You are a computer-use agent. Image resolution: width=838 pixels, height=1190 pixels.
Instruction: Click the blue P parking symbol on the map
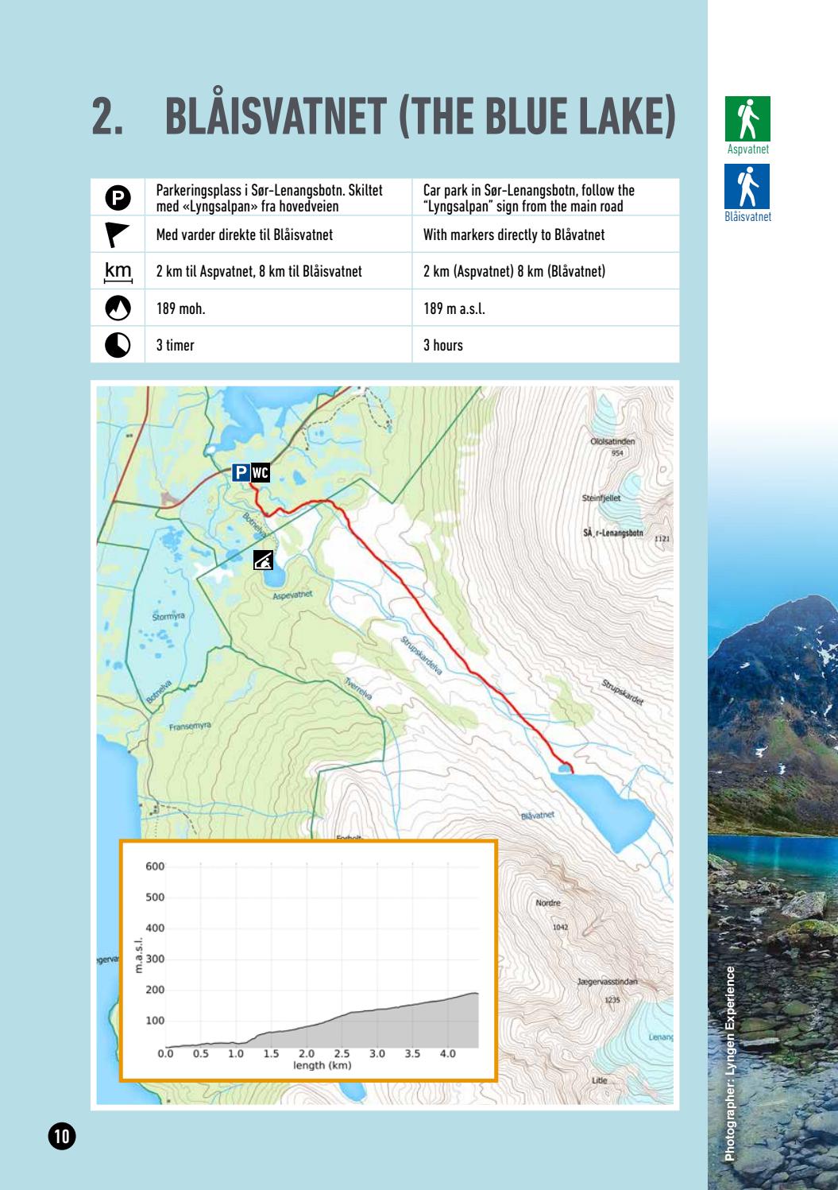pyautogui.click(x=241, y=473)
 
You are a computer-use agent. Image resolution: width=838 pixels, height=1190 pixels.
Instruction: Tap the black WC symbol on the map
pyautogui.click(x=261, y=473)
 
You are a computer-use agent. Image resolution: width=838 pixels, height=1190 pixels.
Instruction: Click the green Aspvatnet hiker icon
pyautogui.click(x=747, y=119)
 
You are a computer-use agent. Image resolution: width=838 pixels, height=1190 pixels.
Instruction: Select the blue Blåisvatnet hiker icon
pyautogui.click(x=747, y=187)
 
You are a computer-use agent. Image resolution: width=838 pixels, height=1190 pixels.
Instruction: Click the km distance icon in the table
pyautogui.click(x=118, y=271)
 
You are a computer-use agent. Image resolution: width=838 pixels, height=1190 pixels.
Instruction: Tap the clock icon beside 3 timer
pyautogui.click(x=118, y=345)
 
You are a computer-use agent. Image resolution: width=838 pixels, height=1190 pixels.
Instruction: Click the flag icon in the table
pyautogui.click(x=118, y=235)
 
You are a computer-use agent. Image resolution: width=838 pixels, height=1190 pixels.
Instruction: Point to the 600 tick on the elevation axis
pyautogui.click(x=155, y=866)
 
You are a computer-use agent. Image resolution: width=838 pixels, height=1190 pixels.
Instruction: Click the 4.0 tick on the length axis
pyautogui.click(x=447, y=1054)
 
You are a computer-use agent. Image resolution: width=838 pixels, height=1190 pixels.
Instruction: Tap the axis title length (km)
pyautogui.click(x=322, y=1065)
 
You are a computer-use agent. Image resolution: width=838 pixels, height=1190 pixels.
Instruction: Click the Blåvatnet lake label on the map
pyautogui.click(x=537, y=816)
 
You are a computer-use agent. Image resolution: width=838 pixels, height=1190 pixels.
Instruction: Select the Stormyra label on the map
pyautogui.click(x=168, y=616)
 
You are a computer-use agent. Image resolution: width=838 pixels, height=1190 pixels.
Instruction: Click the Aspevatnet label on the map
pyautogui.click(x=293, y=595)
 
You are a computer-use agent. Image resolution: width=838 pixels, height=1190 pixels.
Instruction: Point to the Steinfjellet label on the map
pyautogui.click(x=601, y=498)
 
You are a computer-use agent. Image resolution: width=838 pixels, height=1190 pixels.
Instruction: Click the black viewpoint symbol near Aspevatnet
pyautogui.click(x=263, y=560)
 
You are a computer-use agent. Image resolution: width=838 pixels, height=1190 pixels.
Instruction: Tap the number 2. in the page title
pyautogui.click(x=108, y=118)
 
